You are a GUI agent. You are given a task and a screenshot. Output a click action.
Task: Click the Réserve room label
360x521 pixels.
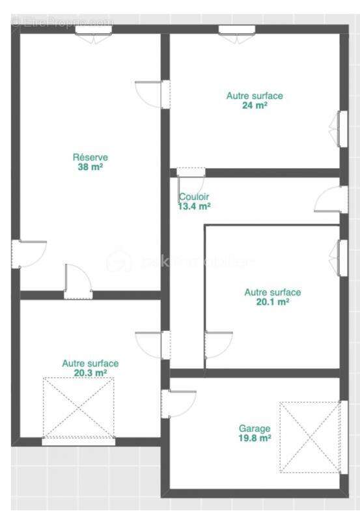click(x=90, y=157)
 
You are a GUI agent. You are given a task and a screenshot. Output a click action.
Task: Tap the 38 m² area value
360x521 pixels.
click(x=90, y=167)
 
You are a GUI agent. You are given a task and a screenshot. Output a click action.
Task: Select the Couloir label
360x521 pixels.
click(x=194, y=197)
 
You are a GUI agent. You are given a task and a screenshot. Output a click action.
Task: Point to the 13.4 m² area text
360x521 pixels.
click(x=194, y=206)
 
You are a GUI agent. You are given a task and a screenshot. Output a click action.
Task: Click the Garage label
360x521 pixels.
click(x=255, y=429)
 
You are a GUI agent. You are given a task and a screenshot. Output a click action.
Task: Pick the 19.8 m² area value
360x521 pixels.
click(x=255, y=438)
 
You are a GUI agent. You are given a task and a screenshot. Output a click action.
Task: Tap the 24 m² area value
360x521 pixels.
click(x=255, y=105)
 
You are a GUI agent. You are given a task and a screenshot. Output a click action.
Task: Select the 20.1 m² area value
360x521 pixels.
click(x=273, y=302)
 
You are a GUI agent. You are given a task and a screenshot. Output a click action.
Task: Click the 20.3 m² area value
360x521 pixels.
click(x=90, y=373)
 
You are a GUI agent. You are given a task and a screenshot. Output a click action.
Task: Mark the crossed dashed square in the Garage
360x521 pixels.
click(x=310, y=437)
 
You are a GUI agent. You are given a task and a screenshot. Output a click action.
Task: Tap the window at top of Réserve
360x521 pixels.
click(x=94, y=31)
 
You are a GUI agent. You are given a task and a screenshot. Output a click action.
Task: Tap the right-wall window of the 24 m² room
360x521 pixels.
click(x=342, y=128)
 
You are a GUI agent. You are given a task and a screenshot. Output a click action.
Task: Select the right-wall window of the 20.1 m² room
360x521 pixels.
click(x=342, y=257)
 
